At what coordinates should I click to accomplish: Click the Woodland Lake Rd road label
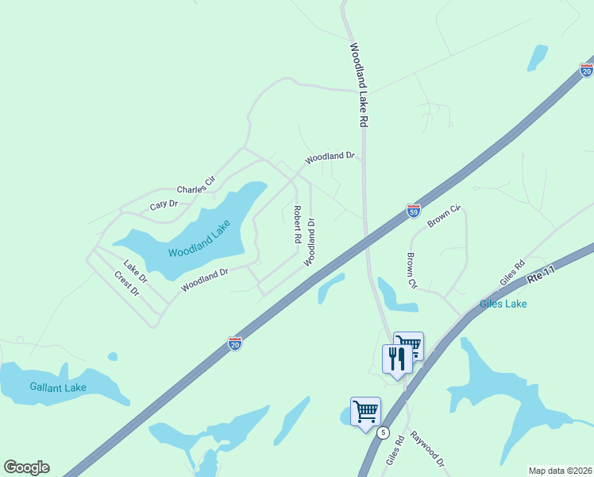coord(359,86)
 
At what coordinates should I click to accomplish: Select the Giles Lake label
coord(503,304)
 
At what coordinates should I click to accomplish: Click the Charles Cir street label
coord(196,186)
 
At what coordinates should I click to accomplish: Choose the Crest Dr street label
coord(127,284)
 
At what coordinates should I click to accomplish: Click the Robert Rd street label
coord(296,224)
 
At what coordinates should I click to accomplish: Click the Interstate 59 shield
coord(413,210)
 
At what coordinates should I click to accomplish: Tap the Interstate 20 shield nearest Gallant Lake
coord(235,343)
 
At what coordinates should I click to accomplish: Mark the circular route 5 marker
coord(384,432)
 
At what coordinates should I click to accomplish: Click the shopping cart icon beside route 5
coord(365,411)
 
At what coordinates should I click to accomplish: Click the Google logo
coord(26,467)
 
